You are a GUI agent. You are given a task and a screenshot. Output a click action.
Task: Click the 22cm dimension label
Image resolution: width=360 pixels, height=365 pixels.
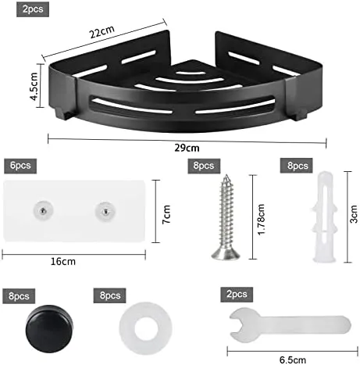coord(102,32)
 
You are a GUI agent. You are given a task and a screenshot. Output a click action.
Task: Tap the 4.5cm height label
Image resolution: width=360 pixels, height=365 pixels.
coord(34,87)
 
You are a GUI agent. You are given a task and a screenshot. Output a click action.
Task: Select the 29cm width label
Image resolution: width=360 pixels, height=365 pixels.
coord(187,148)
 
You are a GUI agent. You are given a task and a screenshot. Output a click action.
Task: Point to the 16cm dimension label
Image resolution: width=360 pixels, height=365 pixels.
coord(63,261)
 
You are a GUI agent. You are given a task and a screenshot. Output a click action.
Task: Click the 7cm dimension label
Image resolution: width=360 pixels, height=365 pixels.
coord(166,214)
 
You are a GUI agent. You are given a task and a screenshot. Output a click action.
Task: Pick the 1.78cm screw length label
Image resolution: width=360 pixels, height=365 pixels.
coord(261,220)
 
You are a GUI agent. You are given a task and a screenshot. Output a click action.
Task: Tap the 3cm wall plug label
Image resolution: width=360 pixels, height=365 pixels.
coord(353,214)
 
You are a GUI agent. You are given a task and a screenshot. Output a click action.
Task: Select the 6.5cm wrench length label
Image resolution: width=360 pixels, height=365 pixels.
coord(293,360)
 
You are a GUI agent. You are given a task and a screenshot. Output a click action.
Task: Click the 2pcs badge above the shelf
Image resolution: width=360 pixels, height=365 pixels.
coord(33,9)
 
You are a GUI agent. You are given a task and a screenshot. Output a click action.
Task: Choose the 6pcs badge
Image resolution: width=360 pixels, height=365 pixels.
coord(20,166)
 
